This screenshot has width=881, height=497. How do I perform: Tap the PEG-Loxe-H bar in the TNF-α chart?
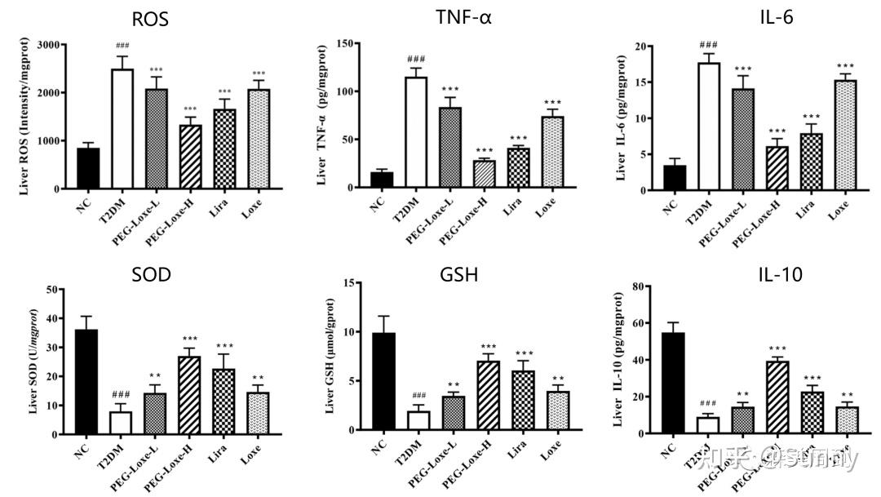click(x=485, y=174)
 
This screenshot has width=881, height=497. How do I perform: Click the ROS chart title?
click(x=150, y=19)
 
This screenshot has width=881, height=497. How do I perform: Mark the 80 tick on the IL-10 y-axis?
click(x=640, y=286)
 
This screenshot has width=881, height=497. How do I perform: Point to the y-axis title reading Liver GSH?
click(x=330, y=359)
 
